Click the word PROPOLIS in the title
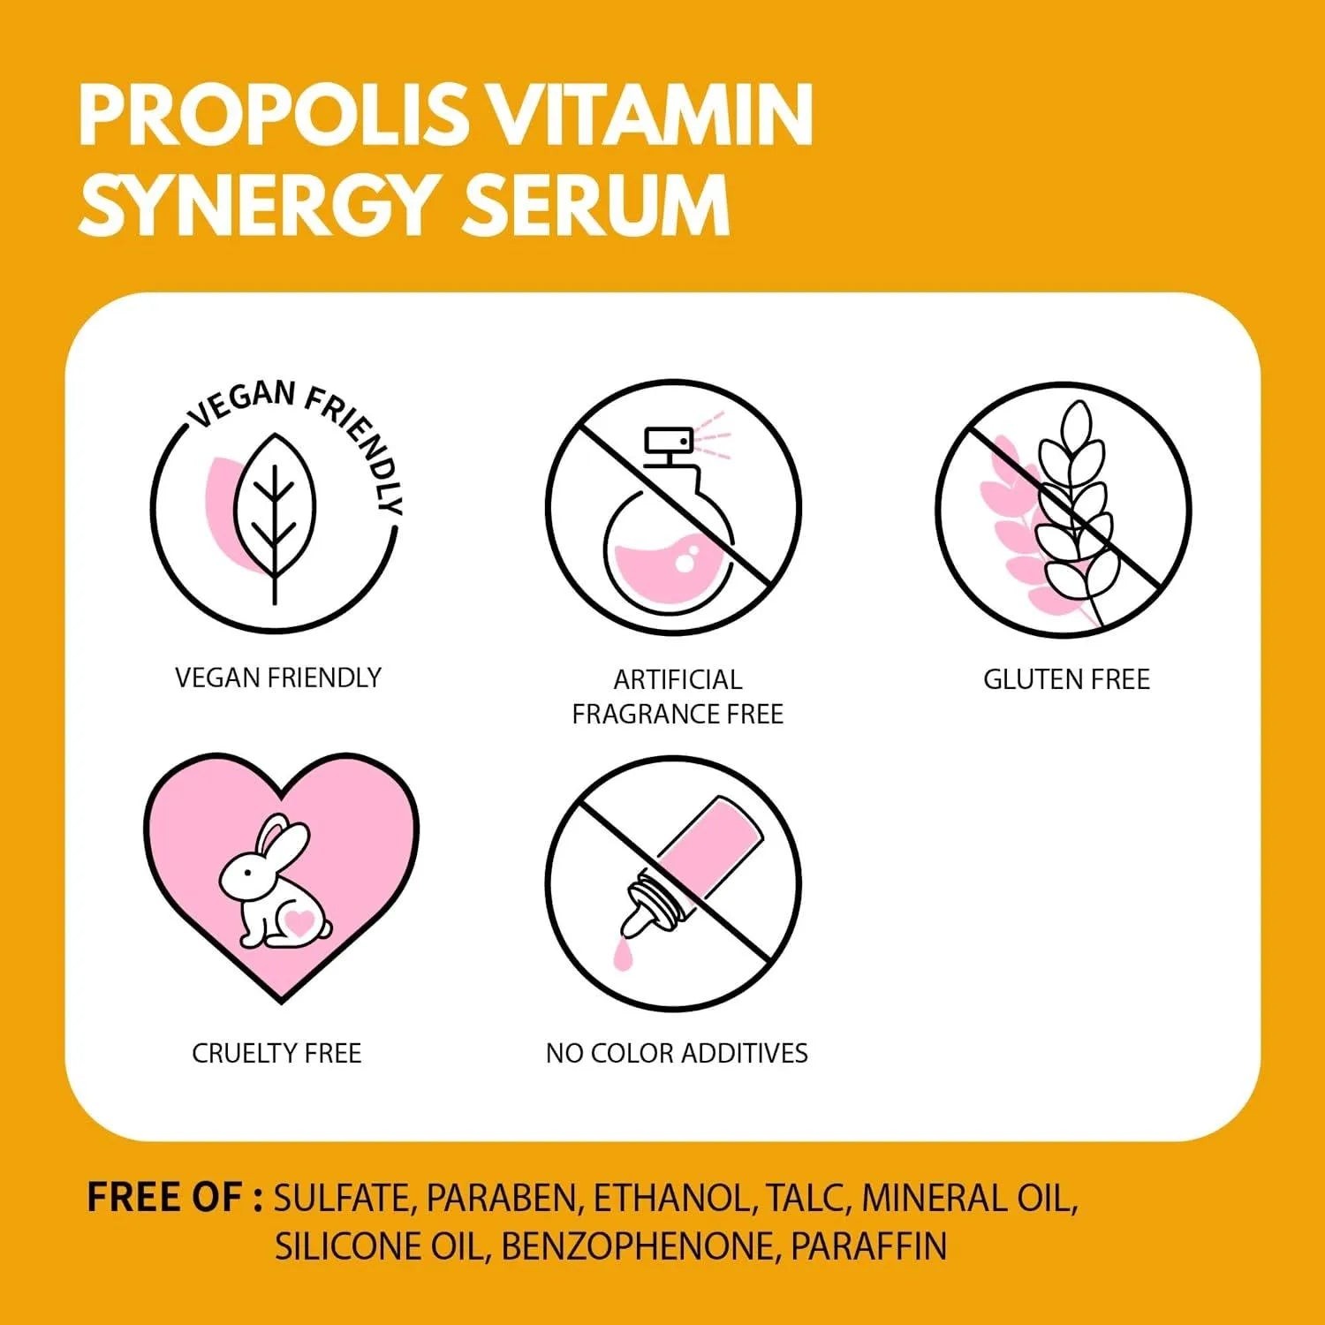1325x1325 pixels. tap(272, 115)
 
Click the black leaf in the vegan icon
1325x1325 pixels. tap(274, 519)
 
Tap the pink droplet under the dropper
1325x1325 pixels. tap(624, 955)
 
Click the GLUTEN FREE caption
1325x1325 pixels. tap(1066, 679)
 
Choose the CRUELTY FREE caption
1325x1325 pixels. tap(276, 1053)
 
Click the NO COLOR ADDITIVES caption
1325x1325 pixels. tap(677, 1053)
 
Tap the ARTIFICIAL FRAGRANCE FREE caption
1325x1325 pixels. tap(678, 696)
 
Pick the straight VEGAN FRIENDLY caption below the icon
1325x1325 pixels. tap(278, 678)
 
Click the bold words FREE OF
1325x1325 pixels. tap(174, 1198)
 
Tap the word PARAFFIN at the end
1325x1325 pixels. tap(869, 1246)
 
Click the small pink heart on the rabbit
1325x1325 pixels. tap(299, 922)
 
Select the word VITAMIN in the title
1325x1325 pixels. tap(650, 115)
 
